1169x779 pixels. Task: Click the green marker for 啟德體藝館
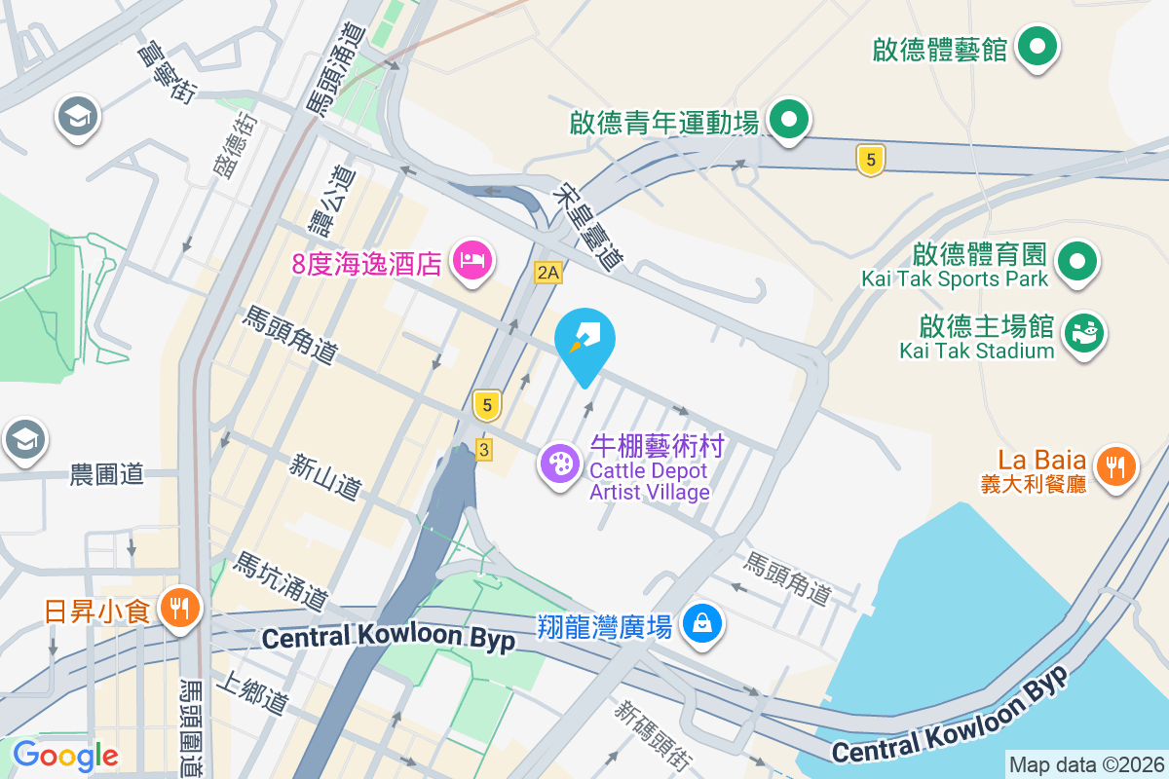pos(1037,47)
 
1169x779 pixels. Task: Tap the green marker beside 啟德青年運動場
pos(790,121)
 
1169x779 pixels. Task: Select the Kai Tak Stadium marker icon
pos(1083,334)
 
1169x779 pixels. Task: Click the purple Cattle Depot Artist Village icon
pos(560,464)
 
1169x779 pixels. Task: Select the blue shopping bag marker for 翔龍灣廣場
pos(701,622)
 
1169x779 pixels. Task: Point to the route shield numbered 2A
pos(548,273)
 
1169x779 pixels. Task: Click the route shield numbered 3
pos(483,449)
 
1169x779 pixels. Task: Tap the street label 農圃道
pos(107,475)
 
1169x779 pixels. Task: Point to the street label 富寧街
pos(169,69)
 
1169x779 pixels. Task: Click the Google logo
pos(66,755)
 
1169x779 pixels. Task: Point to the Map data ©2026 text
pos(1086,765)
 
